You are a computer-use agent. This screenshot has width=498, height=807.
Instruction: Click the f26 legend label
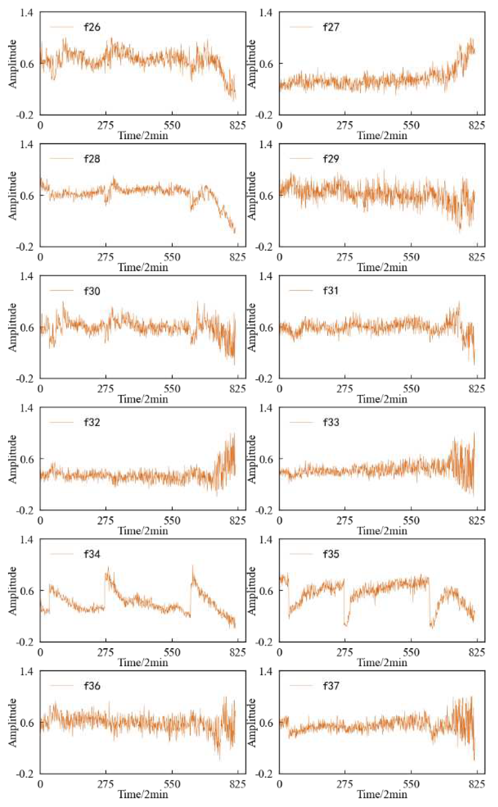tap(92, 27)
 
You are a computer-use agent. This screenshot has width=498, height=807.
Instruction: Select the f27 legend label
tap(331, 27)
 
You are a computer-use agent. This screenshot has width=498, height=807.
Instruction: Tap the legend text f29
tap(331, 159)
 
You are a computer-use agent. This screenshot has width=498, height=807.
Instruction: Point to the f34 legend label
tap(92, 554)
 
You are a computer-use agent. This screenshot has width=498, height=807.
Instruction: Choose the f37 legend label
tap(331, 686)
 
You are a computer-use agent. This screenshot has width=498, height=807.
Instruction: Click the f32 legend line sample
tap(61, 422)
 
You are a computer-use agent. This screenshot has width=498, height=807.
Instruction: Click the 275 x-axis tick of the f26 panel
tap(106, 125)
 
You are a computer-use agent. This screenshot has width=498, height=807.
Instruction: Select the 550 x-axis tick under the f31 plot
tap(411, 389)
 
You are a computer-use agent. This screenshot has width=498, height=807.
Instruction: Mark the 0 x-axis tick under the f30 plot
tap(40, 389)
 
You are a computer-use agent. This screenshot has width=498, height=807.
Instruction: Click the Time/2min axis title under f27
tap(382, 135)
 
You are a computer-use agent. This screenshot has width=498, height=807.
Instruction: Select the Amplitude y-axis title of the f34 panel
tap(13, 591)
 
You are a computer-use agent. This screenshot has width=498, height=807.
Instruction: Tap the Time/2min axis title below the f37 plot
tap(382, 794)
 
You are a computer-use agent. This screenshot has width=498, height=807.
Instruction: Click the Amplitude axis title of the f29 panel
tap(252, 195)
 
